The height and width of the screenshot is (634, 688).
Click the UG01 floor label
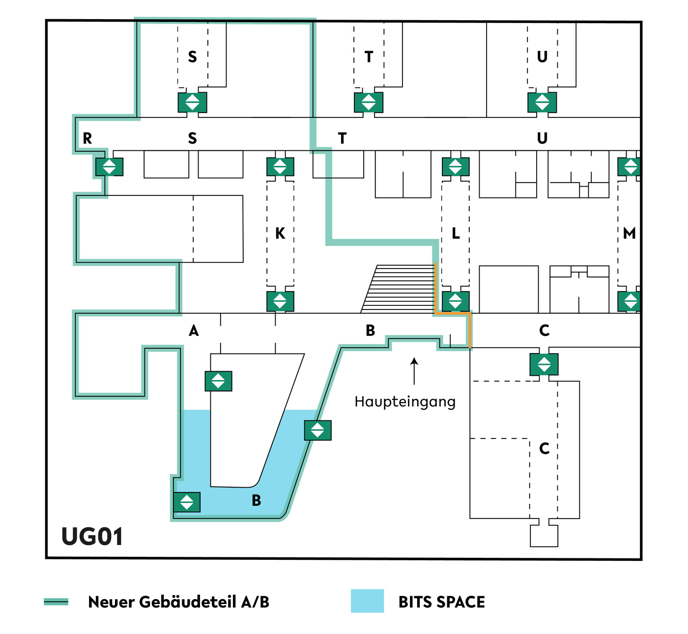[92, 536]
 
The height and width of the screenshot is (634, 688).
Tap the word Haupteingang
[404, 402]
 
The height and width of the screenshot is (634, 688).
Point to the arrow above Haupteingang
[414, 371]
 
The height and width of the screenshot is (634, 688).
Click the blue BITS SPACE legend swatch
[367, 601]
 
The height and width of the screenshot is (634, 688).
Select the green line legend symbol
[56, 602]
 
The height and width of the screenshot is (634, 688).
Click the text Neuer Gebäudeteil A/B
[178, 602]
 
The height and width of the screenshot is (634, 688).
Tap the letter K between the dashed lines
[280, 233]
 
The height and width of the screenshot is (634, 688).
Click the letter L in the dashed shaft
[456, 233]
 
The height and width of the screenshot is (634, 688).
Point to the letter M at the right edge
[629, 233]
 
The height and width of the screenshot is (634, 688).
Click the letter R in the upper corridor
[87, 138]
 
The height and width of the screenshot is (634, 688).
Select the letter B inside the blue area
[257, 500]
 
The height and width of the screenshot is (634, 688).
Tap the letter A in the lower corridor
[194, 331]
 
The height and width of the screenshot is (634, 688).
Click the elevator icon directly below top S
[192, 103]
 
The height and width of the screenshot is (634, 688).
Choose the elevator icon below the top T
[369, 103]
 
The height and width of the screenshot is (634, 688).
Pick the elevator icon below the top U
[542, 103]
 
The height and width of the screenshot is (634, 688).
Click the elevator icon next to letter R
[109, 167]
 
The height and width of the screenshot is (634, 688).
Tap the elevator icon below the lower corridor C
[544, 364]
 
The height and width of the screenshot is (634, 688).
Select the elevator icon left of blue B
[187, 502]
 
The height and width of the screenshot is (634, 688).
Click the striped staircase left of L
[398, 289]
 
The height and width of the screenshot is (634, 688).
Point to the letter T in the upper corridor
[342, 138]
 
